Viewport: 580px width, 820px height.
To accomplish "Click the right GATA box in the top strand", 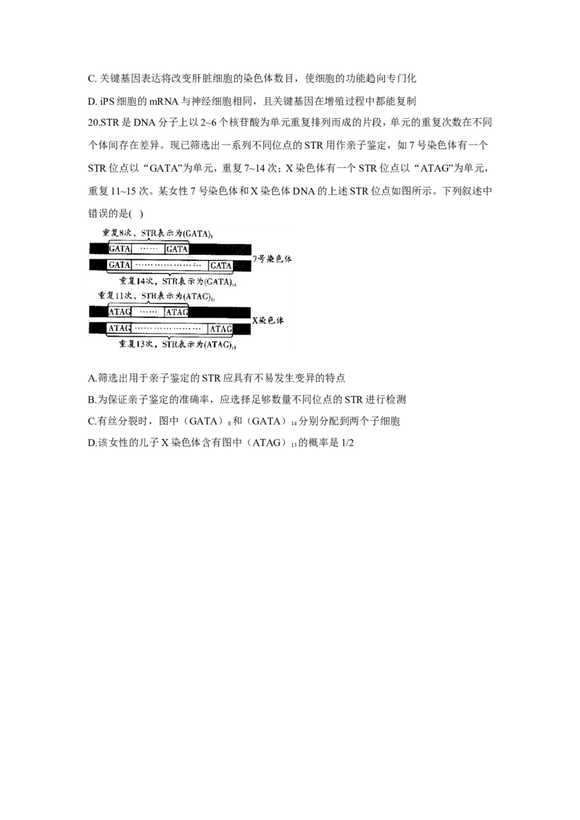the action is pyautogui.click(x=177, y=249).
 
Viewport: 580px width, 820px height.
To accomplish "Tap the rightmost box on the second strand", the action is pyautogui.click(x=220, y=265).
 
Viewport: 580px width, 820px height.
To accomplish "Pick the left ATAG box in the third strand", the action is pyautogui.click(x=119, y=312).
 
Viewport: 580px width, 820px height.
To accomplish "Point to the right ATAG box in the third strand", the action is pyautogui.click(x=177, y=312).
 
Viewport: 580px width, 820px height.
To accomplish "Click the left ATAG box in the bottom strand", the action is pyautogui.click(x=119, y=329).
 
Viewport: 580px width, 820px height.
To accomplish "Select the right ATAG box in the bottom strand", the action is pyautogui.click(x=220, y=329).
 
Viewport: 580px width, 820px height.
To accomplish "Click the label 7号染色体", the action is pyautogui.click(x=273, y=258).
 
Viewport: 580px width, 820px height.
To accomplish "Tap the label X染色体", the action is pyautogui.click(x=273, y=320).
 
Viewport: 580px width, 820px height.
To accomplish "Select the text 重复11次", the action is pyautogui.click(x=116, y=296).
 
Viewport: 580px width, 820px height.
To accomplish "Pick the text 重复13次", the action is pyautogui.click(x=134, y=345).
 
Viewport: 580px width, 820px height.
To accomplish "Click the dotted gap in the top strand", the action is pyautogui.click(x=148, y=249).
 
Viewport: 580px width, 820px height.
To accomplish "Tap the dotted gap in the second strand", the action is pyautogui.click(x=169, y=265).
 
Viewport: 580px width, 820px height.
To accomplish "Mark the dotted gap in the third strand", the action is pyautogui.click(x=148, y=312).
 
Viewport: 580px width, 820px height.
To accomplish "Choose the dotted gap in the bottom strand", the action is pyautogui.click(x=169, y=329).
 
